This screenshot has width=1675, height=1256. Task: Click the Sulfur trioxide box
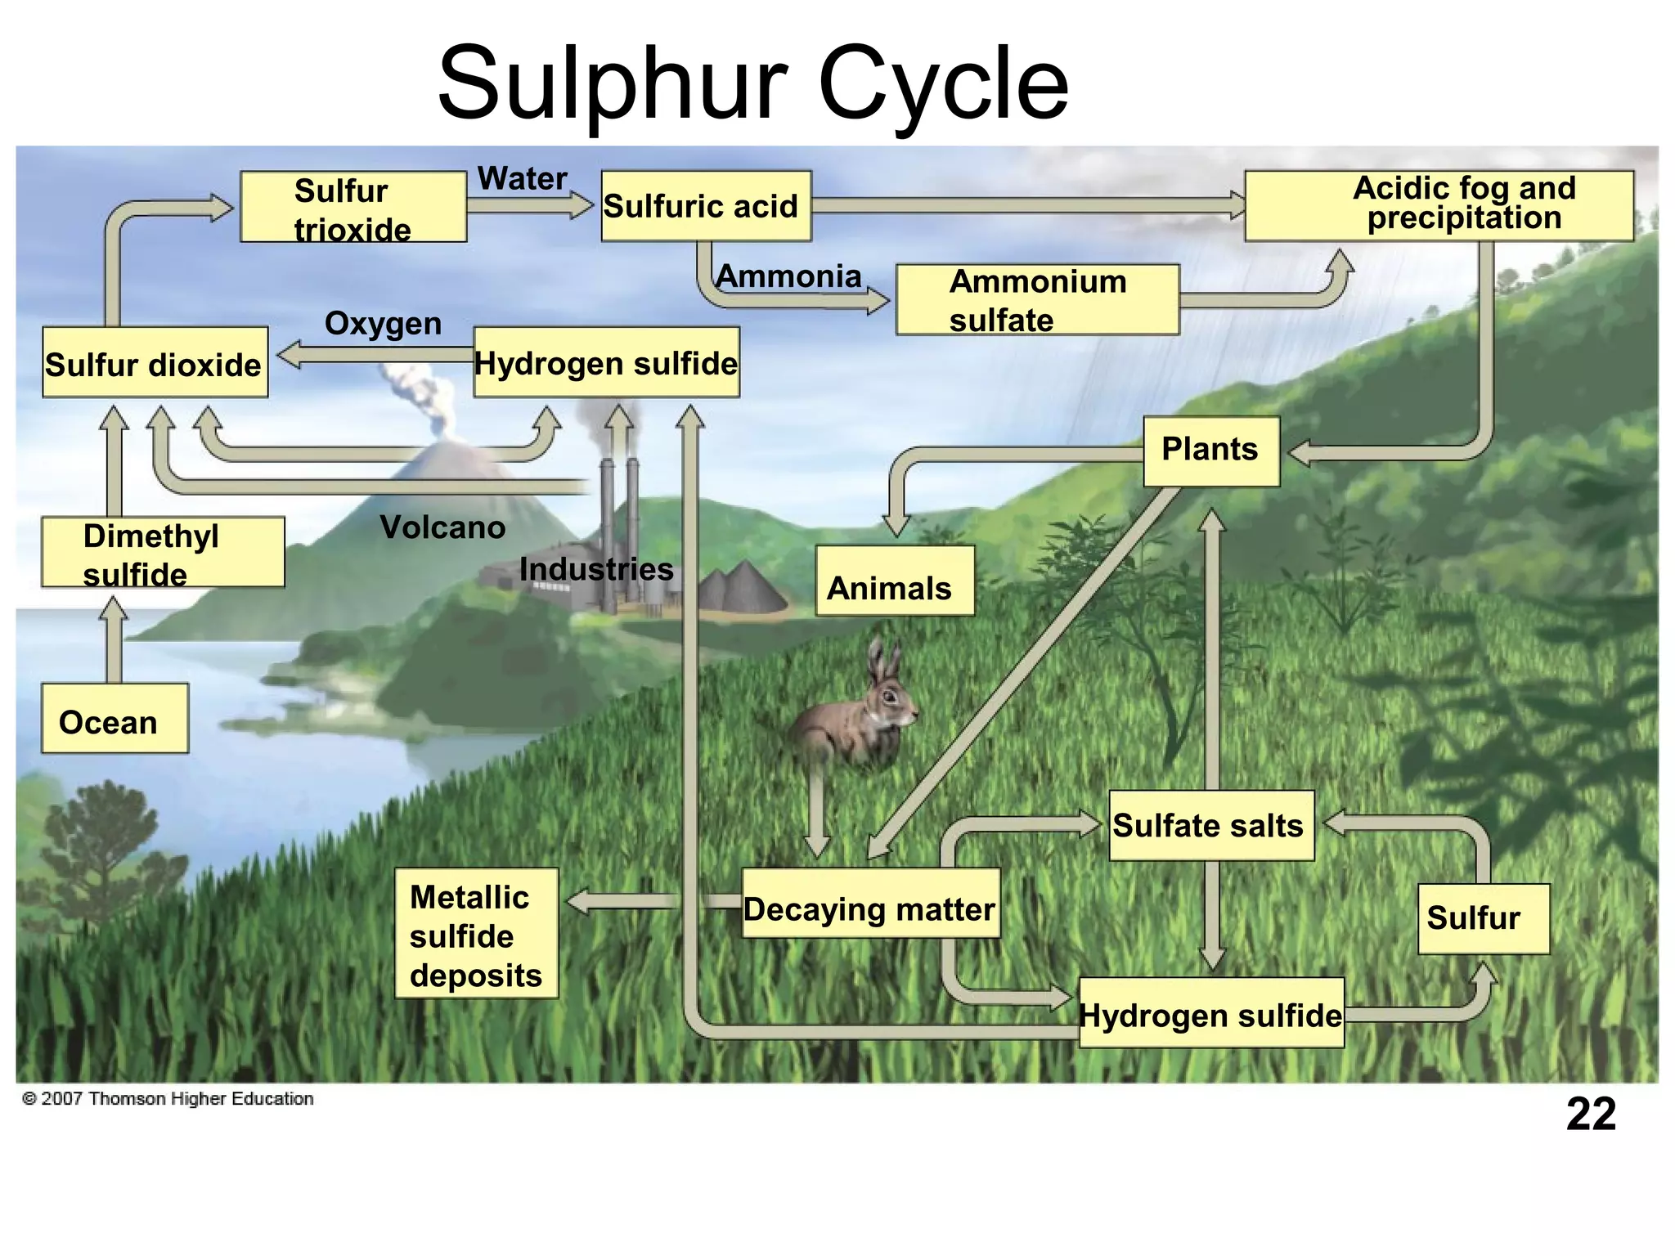click(x=353, y=207)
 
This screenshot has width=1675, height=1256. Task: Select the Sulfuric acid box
click(x=706, y=206)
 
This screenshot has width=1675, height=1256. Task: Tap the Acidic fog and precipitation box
click(x=1439, y=206)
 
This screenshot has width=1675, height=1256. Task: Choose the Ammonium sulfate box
click(x=1037, y=299)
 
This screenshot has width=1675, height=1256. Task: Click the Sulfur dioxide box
click(x=155, y=363)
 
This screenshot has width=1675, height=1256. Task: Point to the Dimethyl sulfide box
click(x=163, y=552)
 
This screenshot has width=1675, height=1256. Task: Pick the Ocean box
click(x=115, y=719)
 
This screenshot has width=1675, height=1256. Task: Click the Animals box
click(x=895, y=581)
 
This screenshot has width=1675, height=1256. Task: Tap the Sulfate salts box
click(x=1211, y=826)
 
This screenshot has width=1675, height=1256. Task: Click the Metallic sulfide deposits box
click(x=476, y=934)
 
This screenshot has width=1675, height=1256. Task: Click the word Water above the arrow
click(x=522, y=178)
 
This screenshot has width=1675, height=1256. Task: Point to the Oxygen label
click(x=383, y=324)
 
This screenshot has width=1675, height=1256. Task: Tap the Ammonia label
click(x=788, y=276)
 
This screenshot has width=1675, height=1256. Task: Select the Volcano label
click(x=442, y=527)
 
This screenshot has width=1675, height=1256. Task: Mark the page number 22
click(x=1591, y=1114)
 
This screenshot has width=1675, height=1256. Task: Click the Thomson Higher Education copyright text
click(x=168, y=1098)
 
